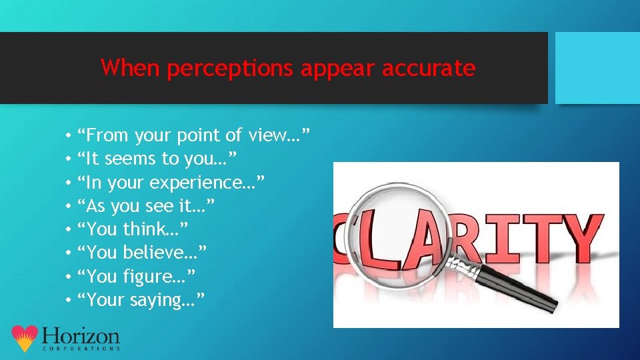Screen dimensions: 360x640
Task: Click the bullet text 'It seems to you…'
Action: tap(156, 159)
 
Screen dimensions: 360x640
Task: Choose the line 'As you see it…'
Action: tap(146, 206)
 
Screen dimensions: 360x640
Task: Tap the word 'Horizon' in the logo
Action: tap(80, 335)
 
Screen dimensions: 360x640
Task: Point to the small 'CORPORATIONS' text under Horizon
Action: tap(81, 349)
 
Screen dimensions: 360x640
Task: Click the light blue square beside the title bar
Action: tap(597, 68)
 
